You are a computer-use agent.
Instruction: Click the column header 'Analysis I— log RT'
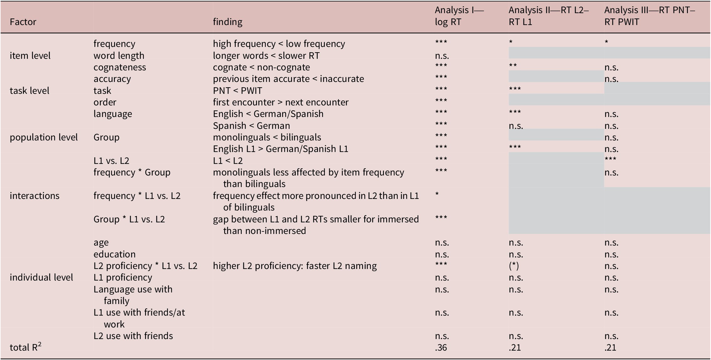(459, 16)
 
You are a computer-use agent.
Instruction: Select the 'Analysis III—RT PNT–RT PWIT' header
(650, 16)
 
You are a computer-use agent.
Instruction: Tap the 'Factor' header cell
(23, 22)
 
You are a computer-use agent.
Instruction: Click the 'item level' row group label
(30, 56)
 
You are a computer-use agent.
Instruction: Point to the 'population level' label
(44, 137)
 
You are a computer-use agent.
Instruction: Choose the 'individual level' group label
(41, 277)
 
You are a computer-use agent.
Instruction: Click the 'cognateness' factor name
(120, 67)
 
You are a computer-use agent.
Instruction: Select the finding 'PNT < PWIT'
(238, 91)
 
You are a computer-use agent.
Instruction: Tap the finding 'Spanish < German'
(251, 126)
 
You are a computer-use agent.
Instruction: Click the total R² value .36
(441, 347)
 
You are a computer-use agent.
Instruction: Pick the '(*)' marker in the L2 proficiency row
(514, 266)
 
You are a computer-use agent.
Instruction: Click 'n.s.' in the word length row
(442, 56)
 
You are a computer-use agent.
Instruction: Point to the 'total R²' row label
(26, 347)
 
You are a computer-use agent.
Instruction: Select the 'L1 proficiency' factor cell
(123, 277)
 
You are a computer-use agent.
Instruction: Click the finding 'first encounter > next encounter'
(281, 102)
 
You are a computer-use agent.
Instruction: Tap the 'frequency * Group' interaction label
(132, 172)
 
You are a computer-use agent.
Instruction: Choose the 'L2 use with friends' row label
(133, 336)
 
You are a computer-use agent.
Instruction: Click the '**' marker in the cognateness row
(513, 65)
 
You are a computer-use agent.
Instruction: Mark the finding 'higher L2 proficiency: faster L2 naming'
(295, 266)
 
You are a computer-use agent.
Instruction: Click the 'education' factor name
(114, 254)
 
